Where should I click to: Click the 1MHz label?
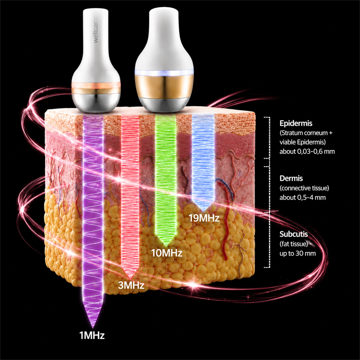(x=92, y=336)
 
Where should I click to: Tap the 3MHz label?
(x=131, y=285)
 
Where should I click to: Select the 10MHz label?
(x=167, y=253)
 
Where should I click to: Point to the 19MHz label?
(x=204, y=218)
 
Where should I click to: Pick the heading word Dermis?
(x=291, y=178)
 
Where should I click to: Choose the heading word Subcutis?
(x=294, y=234)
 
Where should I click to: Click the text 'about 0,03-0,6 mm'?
(x=307, y=152)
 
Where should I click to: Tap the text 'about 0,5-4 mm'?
(x=302, y=197)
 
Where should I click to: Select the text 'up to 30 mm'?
(x=298, y=253)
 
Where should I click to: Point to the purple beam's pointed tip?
(x=92, y=327)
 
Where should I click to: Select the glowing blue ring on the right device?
(x=164, y=73)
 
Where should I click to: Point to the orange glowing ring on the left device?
(x=96, y=85)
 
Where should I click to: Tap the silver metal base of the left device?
(x=96, y=102)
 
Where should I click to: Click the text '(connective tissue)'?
(x=304, y=188)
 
